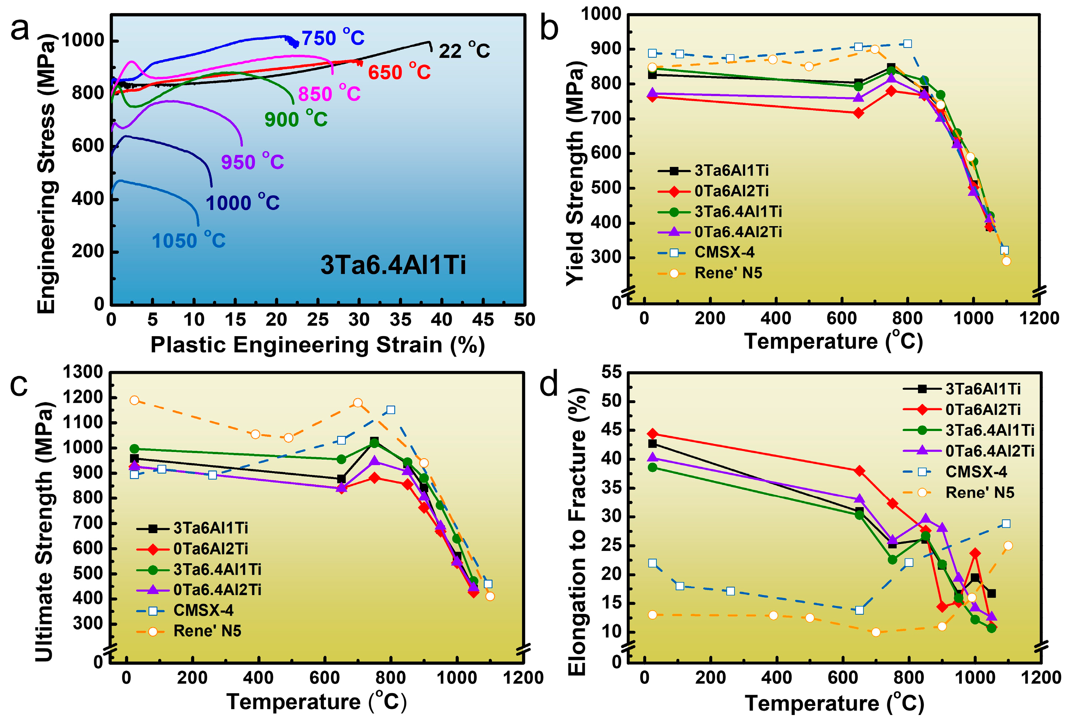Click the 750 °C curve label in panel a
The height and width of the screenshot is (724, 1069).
tap(333, 38)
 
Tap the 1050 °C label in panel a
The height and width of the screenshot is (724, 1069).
tap(189, 240)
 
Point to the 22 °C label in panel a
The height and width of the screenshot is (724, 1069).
tap(464, 51)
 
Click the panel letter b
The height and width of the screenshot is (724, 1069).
tap(549, 29)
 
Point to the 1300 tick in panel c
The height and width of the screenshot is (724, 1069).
tap(83, 372)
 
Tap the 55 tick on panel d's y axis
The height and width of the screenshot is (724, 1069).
tap(611, 372)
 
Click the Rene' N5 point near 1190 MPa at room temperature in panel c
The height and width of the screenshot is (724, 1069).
tap(134, 400)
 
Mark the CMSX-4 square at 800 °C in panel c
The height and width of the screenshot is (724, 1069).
tap(391, 410)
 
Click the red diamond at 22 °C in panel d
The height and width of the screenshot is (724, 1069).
tap(652, 434)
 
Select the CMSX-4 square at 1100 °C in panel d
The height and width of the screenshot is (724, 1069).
tap(1006, 524)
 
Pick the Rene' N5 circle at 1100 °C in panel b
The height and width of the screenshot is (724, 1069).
tap(1006, 261)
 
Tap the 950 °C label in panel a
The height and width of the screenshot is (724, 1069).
tap(252, 162)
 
